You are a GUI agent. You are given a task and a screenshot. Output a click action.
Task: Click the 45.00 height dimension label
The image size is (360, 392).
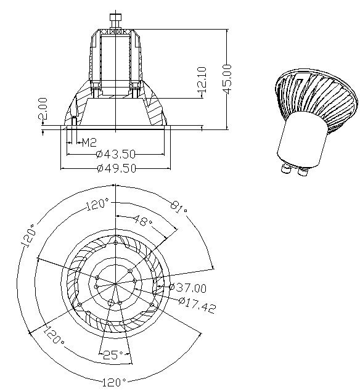[227, 79]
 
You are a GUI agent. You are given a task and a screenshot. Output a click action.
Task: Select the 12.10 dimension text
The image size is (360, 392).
[202, 80]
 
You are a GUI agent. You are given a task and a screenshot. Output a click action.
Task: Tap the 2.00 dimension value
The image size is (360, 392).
[43, 108]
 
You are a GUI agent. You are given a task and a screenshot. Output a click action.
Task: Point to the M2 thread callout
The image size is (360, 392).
[89, 143]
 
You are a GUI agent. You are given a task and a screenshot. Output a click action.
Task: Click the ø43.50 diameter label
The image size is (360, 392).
[116, 154]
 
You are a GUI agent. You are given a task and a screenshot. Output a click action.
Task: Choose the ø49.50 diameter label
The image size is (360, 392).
[117, 168]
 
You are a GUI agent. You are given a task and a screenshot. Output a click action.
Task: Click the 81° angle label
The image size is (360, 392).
[179, 208]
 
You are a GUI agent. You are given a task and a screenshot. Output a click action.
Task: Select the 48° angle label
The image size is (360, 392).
[143, 220]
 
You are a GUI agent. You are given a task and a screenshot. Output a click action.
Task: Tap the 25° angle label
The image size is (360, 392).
[113, 354]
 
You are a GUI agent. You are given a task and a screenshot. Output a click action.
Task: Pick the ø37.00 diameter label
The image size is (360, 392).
[187, 287]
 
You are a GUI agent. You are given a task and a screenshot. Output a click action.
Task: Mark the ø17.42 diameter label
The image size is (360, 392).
[197, 305]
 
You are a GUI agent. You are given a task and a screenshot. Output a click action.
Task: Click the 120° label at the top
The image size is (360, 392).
[98, 204]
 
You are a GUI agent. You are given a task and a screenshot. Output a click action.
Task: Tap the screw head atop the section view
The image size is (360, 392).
[116, 17]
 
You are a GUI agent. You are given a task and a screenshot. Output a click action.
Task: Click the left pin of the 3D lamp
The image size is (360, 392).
[286, 168]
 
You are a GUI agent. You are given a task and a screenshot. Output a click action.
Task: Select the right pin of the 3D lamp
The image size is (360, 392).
[303, 171]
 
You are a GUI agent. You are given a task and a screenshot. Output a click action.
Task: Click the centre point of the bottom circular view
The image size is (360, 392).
[115, 284]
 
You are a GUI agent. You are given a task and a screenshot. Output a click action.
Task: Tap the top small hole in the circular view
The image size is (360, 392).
[115, 242]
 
